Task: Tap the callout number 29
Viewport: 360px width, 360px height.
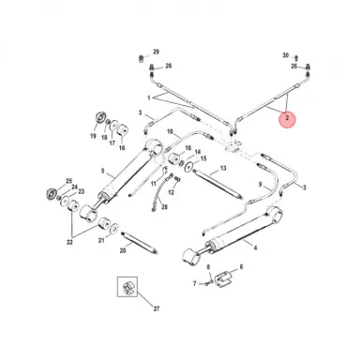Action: coord(157,51)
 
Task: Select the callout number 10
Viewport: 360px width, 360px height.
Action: coord(170,131)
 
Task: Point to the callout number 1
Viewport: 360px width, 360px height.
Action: coord(148,97)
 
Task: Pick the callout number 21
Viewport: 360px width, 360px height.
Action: coord(103,240)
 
